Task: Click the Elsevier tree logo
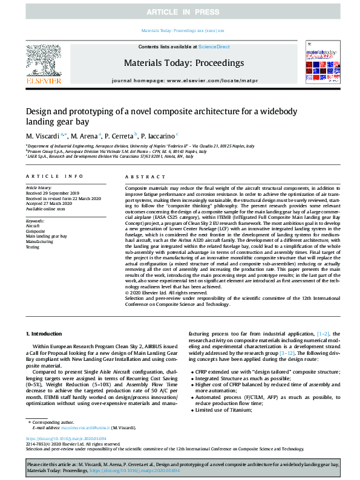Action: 43,60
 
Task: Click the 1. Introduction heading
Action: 45,334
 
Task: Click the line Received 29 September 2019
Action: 51,193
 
